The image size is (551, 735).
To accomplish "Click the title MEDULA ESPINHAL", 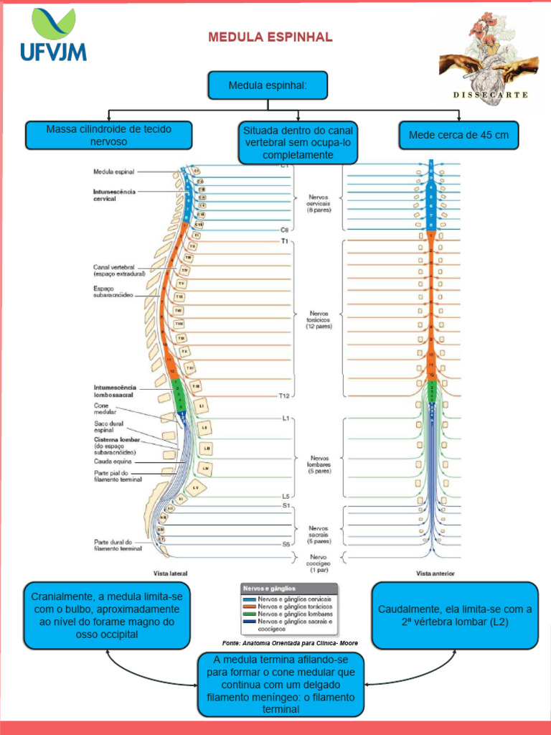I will pos(270,37).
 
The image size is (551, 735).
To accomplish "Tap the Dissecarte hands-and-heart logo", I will pos(490,61).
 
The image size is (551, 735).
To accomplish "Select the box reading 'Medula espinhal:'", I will pos(268,85).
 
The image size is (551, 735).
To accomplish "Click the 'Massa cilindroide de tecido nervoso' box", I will pos(108,135).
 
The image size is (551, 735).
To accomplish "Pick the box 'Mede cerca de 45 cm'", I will pos(458,135).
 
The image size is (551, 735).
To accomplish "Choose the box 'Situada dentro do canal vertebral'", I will pos(298,142).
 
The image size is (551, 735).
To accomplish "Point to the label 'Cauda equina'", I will pos(111,462).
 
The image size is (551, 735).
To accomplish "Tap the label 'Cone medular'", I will pos(104,409).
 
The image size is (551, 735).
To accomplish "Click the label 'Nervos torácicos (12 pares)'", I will pos(319,319).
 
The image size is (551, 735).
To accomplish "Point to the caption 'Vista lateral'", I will pos(171,574).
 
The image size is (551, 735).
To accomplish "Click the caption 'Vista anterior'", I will pos(435,574).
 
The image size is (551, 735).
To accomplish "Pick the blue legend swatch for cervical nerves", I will pos(249,599).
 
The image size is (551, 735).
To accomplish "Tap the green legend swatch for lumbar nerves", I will pos(249,614).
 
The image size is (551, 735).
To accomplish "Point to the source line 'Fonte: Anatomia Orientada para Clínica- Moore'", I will pos(290,643).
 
